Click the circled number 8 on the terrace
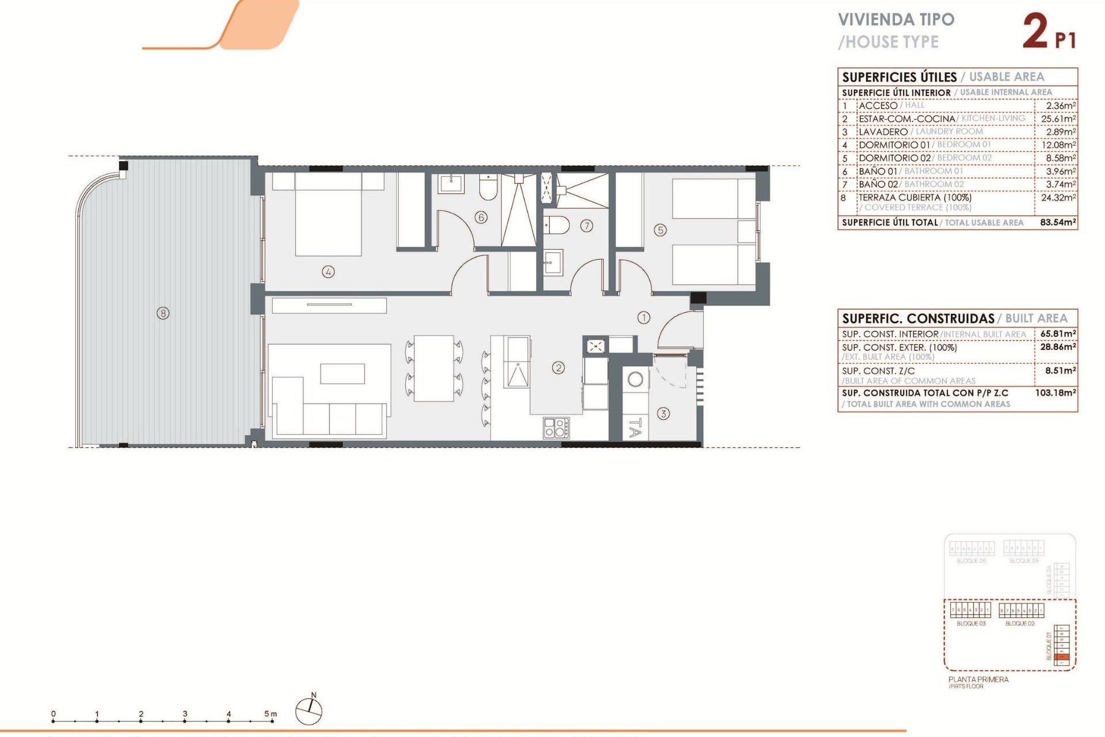[163, 313]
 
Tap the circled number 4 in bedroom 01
[328, 272]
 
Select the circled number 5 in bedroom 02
[660, 230]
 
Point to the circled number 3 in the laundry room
[663, 413]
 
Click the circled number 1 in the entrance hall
[643, 317]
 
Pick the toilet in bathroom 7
[557, 225]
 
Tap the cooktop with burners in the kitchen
[556, 428]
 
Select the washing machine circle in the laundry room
[635, 379]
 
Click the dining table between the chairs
[434, 368]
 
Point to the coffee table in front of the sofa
[342, 373]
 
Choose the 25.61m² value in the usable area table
[1058, 119]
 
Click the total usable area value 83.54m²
[1058, 222]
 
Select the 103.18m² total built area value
[1056, 393]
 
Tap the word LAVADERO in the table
[883, 132]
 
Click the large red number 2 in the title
[1035, 31]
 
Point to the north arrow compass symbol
[309, 711]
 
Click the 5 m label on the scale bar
[270, 714]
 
